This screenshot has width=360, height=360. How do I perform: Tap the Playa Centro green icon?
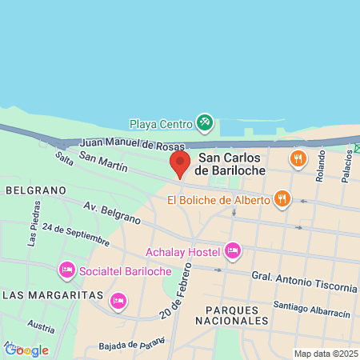205,123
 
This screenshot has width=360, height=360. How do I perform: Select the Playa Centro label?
162,124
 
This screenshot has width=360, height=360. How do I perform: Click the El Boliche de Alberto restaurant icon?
282,198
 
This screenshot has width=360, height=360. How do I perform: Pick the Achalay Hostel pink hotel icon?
233,252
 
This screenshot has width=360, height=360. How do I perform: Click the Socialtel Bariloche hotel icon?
66,270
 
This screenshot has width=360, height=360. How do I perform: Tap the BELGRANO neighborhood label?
34,190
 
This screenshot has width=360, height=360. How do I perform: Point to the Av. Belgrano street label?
106,211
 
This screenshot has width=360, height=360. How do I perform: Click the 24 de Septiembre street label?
76,234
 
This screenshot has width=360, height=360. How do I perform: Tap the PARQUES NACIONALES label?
237,314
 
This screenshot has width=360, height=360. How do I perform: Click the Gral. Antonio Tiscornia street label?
304,282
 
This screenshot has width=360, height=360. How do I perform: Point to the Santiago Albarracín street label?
311,308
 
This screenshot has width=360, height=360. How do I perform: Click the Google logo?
26,350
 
